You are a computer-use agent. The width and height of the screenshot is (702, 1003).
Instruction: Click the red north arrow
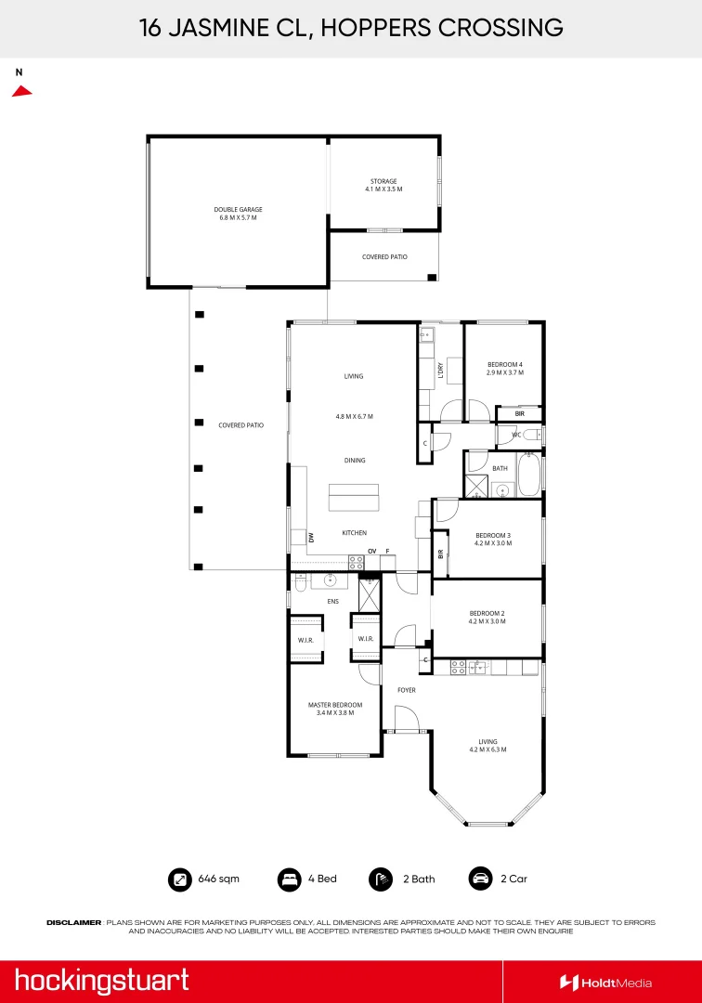pos(21,91)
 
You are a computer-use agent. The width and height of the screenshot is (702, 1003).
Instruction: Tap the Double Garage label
pos(238,210)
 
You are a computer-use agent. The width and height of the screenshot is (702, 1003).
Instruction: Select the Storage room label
pos(383,181)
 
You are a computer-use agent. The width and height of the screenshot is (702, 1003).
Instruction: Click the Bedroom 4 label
pos(504,364)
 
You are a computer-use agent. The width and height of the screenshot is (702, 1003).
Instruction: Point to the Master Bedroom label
pos(334,705)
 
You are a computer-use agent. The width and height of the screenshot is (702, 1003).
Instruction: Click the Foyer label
pos(407,690)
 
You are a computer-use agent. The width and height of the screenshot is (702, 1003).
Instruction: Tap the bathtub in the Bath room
pos(528,475)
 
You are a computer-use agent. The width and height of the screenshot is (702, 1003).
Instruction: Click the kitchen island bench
pos(354,498)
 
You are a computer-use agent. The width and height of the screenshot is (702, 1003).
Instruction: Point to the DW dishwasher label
pos(311,536)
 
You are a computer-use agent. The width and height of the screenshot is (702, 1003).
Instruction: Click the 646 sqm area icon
pos(178,879)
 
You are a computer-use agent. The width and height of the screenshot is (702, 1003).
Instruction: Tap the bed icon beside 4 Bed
pos(289,879)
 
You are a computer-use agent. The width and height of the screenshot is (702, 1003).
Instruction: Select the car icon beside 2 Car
pos(480,879)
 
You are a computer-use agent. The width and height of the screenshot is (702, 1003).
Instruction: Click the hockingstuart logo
pos(101,980)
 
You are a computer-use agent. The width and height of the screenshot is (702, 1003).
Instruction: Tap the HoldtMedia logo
pos(605,982)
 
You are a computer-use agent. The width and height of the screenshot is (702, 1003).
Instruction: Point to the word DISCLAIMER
pos(73,922)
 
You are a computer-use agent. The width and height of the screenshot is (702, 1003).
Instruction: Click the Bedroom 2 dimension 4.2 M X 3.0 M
pos(487,621)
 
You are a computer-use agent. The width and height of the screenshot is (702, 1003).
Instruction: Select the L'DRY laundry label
pos(441,369)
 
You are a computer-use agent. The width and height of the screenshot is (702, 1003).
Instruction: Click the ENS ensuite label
pos(331,602)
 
